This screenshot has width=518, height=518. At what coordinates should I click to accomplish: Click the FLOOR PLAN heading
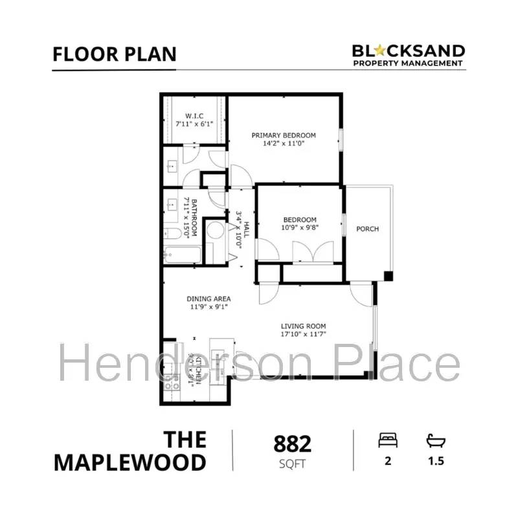[114, 54]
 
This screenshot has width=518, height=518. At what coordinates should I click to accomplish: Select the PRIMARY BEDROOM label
[284, 135]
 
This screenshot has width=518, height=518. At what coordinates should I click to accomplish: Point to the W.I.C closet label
[194, 117]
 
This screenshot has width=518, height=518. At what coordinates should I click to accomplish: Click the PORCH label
[367, 229]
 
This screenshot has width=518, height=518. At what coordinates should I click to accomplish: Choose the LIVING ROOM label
[303, 326]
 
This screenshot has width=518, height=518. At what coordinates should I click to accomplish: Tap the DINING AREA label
[209, 298]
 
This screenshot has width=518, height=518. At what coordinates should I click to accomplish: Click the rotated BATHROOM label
[192, 218]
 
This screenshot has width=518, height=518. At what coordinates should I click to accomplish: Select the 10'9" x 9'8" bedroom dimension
[299, 228]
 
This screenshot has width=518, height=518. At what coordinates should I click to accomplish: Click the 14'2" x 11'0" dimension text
[284, 144]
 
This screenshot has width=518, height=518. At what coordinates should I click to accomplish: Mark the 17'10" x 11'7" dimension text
[303, 334]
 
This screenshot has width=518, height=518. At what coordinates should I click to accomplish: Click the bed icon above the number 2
[388, 441]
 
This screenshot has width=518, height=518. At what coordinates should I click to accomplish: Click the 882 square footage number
[293, 444]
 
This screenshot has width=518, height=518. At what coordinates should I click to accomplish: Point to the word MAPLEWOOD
[129, 462]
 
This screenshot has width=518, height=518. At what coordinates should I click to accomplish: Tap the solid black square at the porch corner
[388, 276]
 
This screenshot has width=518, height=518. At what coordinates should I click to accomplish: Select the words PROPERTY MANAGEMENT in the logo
[408, 63]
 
